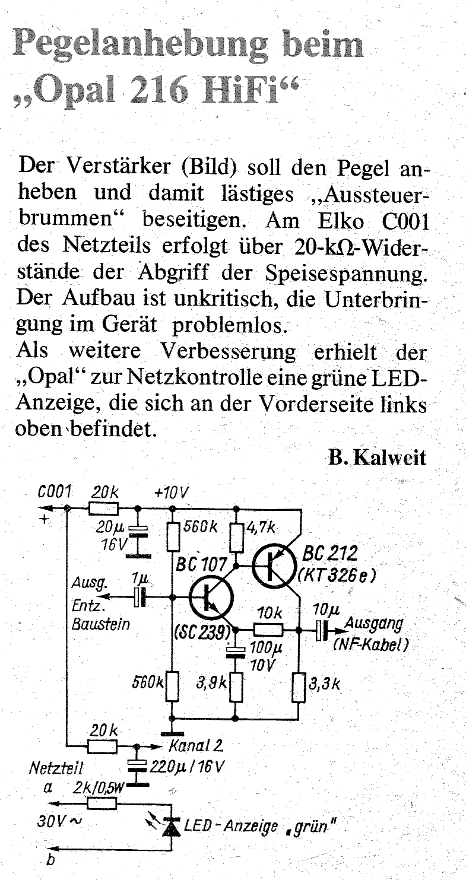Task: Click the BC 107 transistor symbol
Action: click(x=210, y=598)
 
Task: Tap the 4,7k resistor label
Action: click(x=261, y=527)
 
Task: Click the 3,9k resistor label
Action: click(x=212, y=684)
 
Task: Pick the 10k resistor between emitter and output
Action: click(x=268, y=631)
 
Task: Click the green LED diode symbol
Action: click(x=172, y=827)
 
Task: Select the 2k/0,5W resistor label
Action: click(x=99, y=787)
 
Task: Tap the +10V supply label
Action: click(x=172, y=492)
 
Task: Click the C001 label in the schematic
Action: click(x=55, y=491)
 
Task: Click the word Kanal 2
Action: click(x=196, y=745)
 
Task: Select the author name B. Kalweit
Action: click(x=377, y=458)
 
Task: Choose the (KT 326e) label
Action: click(x=337, y=576)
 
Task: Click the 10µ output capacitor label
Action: click(x=326, y=610)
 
